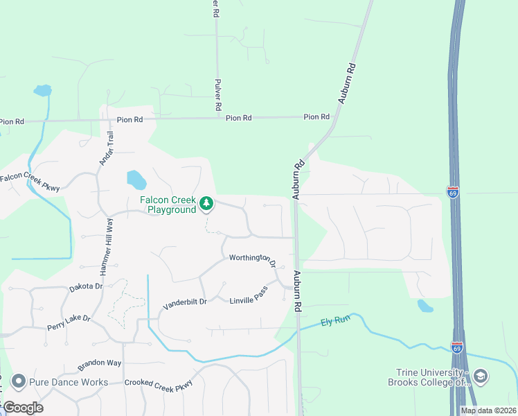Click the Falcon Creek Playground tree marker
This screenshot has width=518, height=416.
(x=206, y=203)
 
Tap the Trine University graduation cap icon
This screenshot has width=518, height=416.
(x=481, y=376)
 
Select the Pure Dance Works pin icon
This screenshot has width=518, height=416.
(x=18, y=381)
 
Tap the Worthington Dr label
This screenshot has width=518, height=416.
(x=253, y=261)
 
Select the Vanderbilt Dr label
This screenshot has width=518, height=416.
(x=185, y=303)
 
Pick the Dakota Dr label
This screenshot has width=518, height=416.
(x=86, y=286)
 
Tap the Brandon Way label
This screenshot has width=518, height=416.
(x=99, y=363)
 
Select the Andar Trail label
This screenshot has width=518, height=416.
(x=105, y=148)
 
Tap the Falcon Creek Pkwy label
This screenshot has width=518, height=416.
(x=30, y=182)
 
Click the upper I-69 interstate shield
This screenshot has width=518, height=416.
(x=453, y=192)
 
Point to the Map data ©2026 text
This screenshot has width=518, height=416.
(x=488, y=410)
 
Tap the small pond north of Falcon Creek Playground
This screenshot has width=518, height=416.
(x=136, y=180)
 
